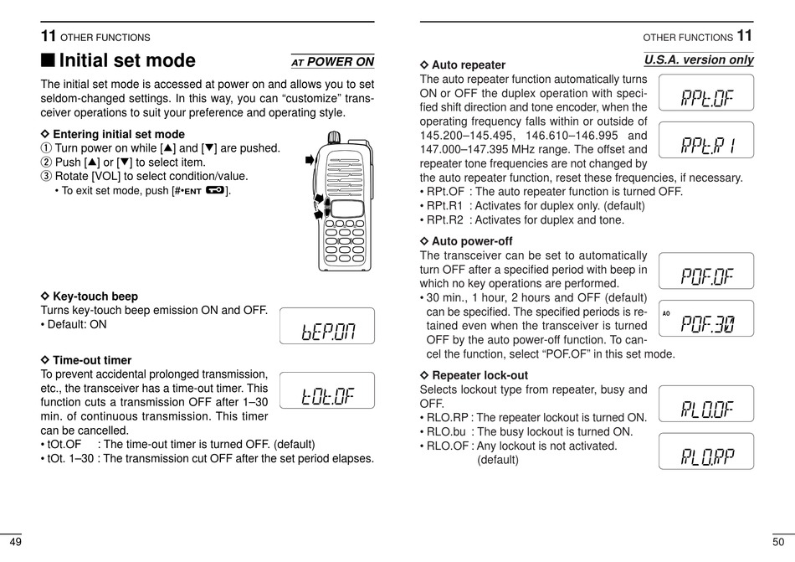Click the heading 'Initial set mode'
pos(127,60)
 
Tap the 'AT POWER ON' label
pos(332,61)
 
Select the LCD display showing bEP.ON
pos(327,327)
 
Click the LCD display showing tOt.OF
pos(327,390)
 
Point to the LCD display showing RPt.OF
pos(706,92)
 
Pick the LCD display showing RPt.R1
pos(706,140)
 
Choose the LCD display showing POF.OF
pos(706,271)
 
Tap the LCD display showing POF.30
pos(706,318)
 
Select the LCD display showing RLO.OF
pos(706,404)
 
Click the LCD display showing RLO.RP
pos(706,451)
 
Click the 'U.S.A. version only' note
pos(699,59)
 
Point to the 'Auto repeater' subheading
pos(468,64)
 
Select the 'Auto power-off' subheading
pos(471,241)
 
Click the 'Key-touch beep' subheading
pos(95,296)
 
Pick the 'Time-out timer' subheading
pos(91,360)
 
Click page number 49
pos(16,542)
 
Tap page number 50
pos(778,542)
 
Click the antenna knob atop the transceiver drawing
pos(334,137)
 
